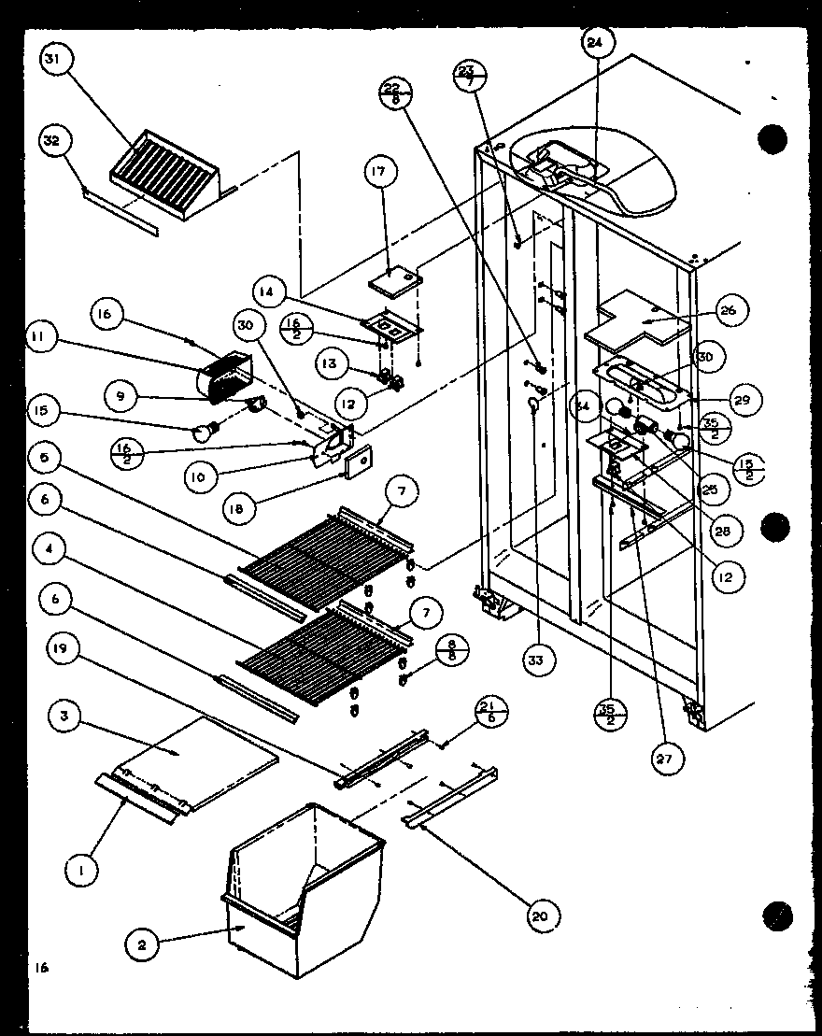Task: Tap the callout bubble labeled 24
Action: click(596, 43)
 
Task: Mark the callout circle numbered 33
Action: click(539, 660)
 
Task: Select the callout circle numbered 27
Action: click(662, 758)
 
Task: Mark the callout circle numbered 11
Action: click(43, 338)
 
